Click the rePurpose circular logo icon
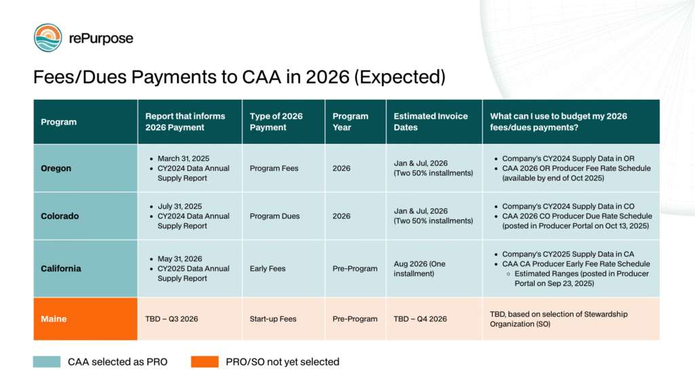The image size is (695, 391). click(x=48, y=38)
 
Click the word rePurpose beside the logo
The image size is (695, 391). click(x=101, y=39)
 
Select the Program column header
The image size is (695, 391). click(x=58, y=122)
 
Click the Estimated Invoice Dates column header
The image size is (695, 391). click(x=430, y=122)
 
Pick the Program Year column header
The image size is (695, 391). click(x=350, y=122)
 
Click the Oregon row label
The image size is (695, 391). click(x=56, y=168)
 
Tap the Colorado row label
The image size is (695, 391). click(x=60, y=216)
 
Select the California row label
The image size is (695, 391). click(x=61, y=268)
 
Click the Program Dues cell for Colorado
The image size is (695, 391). click(x=275, y=216)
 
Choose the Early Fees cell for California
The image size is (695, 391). click(x=267, y=268)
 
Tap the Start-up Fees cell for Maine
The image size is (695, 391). click(x=273, y=318)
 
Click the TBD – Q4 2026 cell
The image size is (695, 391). click(x=420, y=318)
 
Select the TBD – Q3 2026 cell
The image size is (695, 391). click(x=171, y=318)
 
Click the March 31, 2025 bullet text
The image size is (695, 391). click(x=184, y=159)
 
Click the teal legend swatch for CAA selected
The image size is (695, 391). click(x=46, y=362)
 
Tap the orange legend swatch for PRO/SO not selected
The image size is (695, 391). click(x=204, y=362)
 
